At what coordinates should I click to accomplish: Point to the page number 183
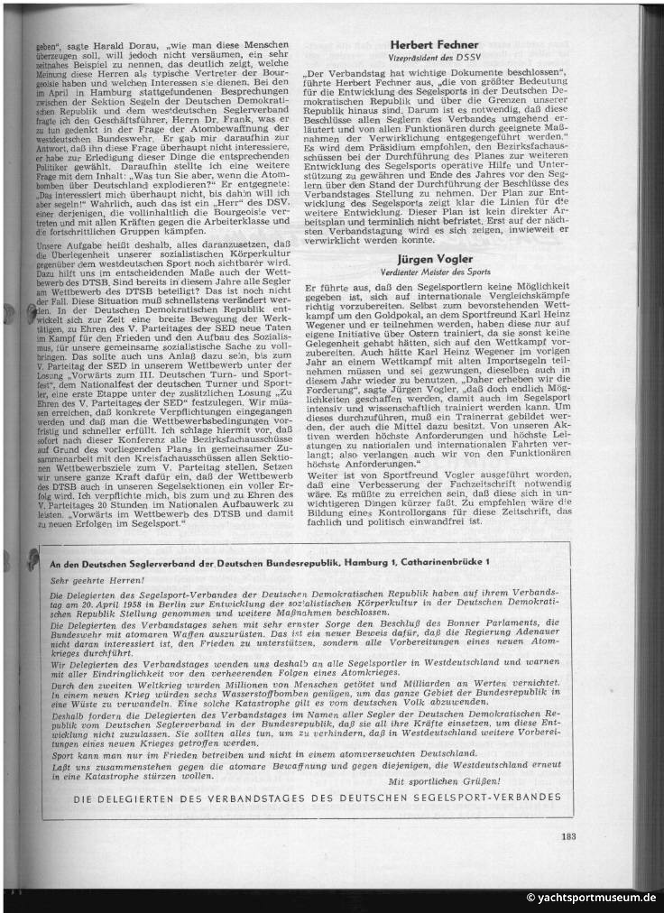point(567,835)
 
